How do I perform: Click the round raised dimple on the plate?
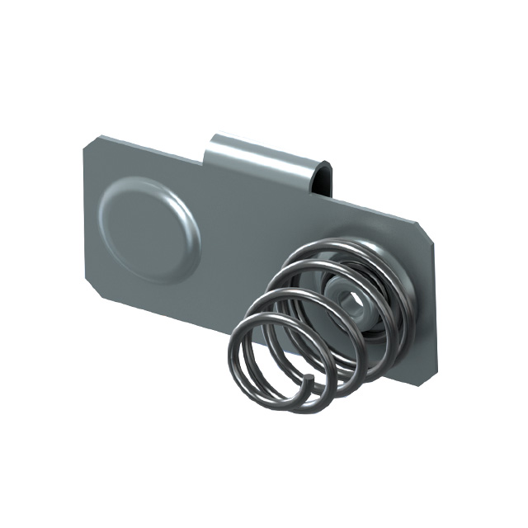point(147,219)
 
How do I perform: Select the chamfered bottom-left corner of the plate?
point(90,293)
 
